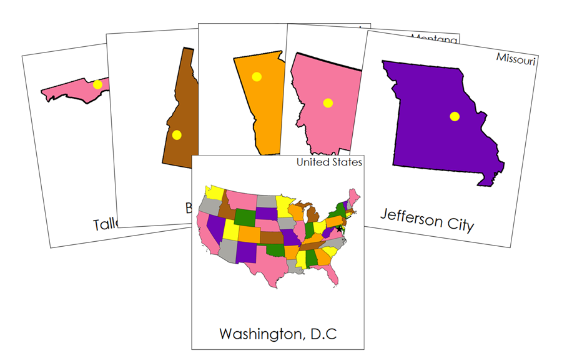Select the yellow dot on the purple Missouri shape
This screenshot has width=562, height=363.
[x=455, y=116]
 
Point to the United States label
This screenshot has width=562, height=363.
[x=329, y=162]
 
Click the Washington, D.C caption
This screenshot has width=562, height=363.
[x=278, y=334]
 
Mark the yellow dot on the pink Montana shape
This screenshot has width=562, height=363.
[x=328, y=103]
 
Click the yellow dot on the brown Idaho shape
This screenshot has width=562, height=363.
[x=177, y=134]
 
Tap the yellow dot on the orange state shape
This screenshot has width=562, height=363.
[x=256, y=77]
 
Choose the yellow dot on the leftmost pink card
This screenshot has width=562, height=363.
[x=97, y=85]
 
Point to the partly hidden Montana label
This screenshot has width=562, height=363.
[x=434, y=38]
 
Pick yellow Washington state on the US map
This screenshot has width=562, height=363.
[x=215, y=192]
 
